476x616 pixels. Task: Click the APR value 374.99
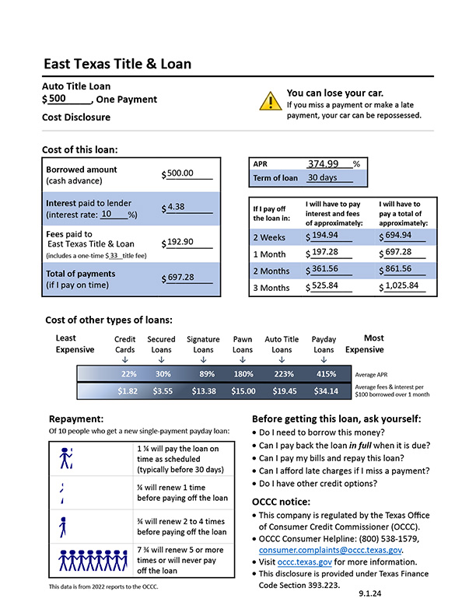tap(323, 163)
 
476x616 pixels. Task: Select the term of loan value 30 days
tap(320, 177)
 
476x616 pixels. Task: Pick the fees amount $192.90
tap(181, 242)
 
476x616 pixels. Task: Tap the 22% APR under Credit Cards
tap(128, 374)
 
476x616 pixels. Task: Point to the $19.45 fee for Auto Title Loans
tap(281, 390)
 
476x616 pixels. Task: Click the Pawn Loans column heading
tap(243, 345)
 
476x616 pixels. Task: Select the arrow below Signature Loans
tap(203, 359)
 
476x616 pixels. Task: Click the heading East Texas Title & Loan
tap(117, 64)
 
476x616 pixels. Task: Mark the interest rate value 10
tap(108, 214)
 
